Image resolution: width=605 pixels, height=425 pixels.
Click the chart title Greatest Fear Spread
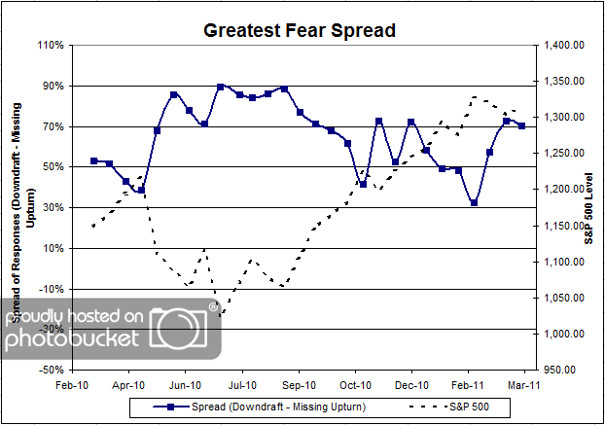pyautogui.click(x=300, y=30)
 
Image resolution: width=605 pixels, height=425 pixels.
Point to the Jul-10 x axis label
pyautogui.click(x=242, y=384)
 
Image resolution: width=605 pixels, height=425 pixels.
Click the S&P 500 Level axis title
pyautogui.click(x=589, y=207)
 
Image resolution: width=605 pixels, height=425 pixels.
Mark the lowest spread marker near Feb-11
pyautogui.click(x=474, y=203)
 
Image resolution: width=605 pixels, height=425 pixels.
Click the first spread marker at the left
pyautogui.click(x=93, y=160)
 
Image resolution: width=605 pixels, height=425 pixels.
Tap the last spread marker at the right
pyautogui.click(x=522, y=126)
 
